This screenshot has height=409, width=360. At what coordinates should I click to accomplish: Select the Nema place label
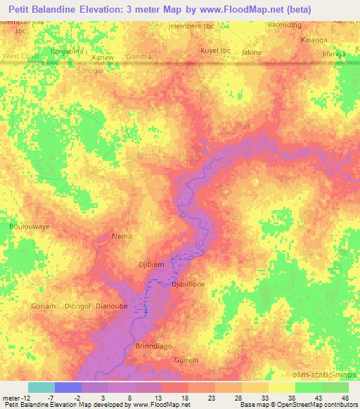point(122,237)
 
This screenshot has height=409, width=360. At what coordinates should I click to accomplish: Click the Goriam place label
point(44,306)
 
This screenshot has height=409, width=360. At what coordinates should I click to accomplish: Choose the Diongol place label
point(77,306)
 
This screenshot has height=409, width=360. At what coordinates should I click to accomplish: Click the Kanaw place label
point(103,56)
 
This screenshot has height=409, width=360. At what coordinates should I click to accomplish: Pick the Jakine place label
point(251,52)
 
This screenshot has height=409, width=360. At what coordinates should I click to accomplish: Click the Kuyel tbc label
point(214,51)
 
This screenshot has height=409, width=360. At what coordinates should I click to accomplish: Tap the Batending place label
point(285,25)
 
